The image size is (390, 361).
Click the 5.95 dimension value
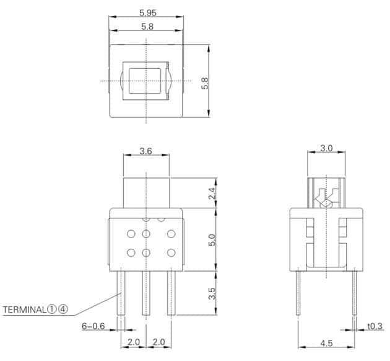[x=148, y=12]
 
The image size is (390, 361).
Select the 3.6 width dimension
[x=145, y=151]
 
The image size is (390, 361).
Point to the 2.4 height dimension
[x=212, y=193]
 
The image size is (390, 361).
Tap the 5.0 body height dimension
[x=212, y=239]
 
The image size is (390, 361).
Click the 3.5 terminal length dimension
[x=212, y=293]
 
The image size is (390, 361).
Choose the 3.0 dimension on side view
[x=326, y=148]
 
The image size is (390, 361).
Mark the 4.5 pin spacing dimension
[x=326, y=343]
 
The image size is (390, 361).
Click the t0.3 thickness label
[x=375, y=326]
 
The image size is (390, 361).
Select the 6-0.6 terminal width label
[x=93, y=326]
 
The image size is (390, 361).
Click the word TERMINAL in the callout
[x=24, y=310]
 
